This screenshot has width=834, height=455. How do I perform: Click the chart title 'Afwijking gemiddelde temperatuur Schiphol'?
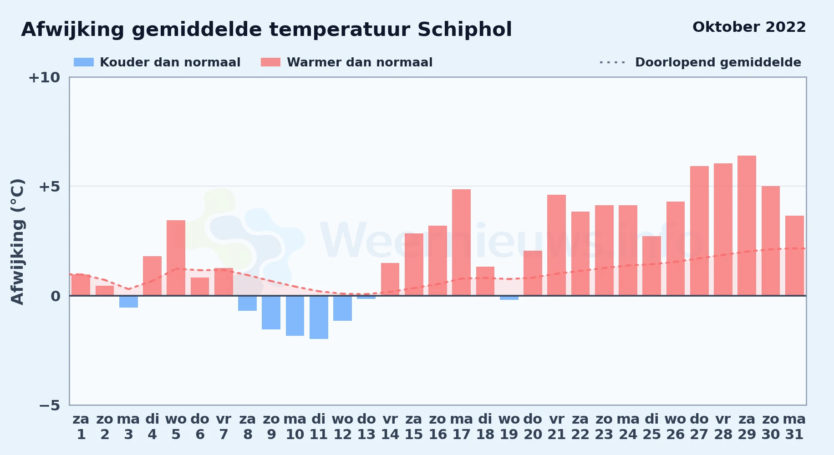click(266, 30)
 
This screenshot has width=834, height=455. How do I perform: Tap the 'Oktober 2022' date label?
click(749, 27)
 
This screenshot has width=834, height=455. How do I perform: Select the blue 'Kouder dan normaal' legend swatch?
click(84, 62)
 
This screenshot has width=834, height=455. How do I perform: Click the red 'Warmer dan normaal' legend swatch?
click(270, 62)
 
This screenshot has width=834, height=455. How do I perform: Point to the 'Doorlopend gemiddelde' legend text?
click(718, 62)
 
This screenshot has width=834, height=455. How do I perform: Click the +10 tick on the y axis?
click(44, 78)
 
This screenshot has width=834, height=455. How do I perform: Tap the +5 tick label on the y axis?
click(49, 187)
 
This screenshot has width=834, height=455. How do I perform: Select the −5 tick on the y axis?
click(49, 405)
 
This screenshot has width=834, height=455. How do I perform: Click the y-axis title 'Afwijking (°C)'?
click(17, 242)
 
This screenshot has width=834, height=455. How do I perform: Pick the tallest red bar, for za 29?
click(747, 226)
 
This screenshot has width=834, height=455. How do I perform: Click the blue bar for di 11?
click(319, 318)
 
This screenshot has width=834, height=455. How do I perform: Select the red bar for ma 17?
click(461, 243)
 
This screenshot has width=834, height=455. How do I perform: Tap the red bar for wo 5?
click(176, 258)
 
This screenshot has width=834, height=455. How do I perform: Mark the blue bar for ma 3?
click(128, 302)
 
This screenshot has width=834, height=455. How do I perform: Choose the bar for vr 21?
click(556, 245)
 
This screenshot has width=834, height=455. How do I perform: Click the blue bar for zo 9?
click(271, 313)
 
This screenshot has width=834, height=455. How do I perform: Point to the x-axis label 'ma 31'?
click(794, 427)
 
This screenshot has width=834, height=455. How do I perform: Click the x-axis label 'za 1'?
click(81, 427)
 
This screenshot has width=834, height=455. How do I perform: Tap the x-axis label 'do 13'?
click(366, 427)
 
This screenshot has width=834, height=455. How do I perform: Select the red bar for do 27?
click(699, 231)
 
